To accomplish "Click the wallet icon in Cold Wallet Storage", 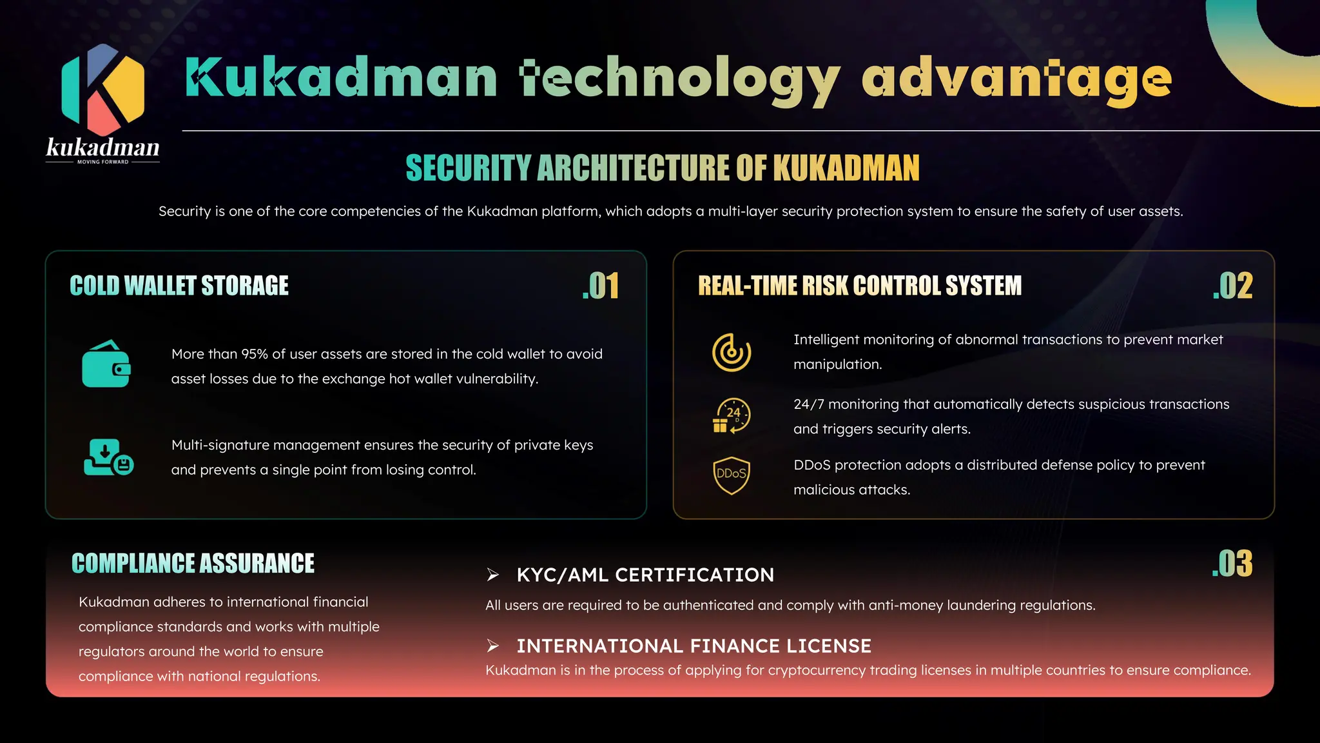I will tap(106, 364).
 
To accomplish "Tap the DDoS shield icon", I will tap(732, 475).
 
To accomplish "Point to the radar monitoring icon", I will tap(732, 352).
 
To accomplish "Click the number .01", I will tap(601, 286).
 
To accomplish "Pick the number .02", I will tap(1232, 286).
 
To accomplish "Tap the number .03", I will tap(1232, 564).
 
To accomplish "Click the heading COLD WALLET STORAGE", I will tap(179, 286).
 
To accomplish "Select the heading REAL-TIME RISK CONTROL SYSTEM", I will tap(860, 286).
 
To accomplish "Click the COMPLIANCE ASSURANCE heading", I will tap(193, 563).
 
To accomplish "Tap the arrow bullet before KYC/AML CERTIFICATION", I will tap(493, 575).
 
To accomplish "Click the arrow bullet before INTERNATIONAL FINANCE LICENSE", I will tap(493, 646).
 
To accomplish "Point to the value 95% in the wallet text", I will tap(255, 354).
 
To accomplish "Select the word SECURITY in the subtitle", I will tap(468, 168).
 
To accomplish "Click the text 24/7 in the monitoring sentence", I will tap(808, 404).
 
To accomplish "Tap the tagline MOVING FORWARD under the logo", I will tap(102, 162).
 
